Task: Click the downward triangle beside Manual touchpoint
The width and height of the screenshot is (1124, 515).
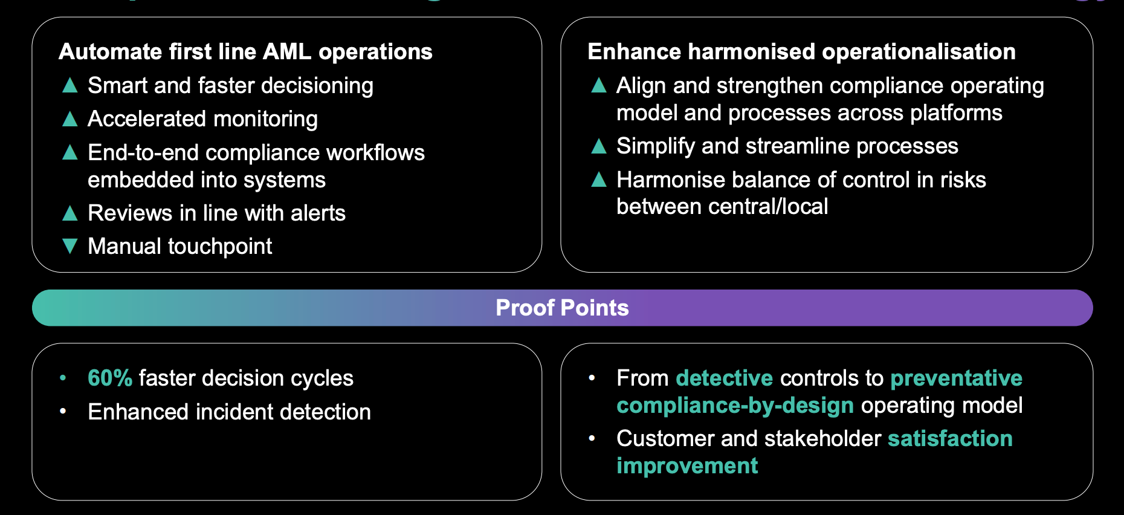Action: (70, 246)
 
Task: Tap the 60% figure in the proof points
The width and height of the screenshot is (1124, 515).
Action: (110, 378)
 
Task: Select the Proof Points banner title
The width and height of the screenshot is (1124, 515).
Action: (562, 308)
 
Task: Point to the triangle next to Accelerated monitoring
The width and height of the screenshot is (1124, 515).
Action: (70, 119)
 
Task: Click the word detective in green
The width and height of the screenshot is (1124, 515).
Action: (725, 378)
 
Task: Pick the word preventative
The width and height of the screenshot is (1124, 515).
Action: (956, 378)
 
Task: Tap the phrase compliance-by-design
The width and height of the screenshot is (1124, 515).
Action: (735, 406)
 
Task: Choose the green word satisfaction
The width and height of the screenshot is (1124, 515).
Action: (950, 439)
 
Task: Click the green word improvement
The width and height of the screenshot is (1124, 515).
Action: (687, 466)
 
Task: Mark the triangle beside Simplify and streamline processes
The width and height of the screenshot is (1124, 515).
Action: (599, 146)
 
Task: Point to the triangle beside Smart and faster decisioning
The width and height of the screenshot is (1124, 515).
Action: (70, 86)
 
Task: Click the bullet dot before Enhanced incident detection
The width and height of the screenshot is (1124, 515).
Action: (63, 412)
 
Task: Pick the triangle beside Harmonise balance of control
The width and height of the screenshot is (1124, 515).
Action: (599, 180)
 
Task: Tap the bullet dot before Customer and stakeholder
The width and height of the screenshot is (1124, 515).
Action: (592, 438)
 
